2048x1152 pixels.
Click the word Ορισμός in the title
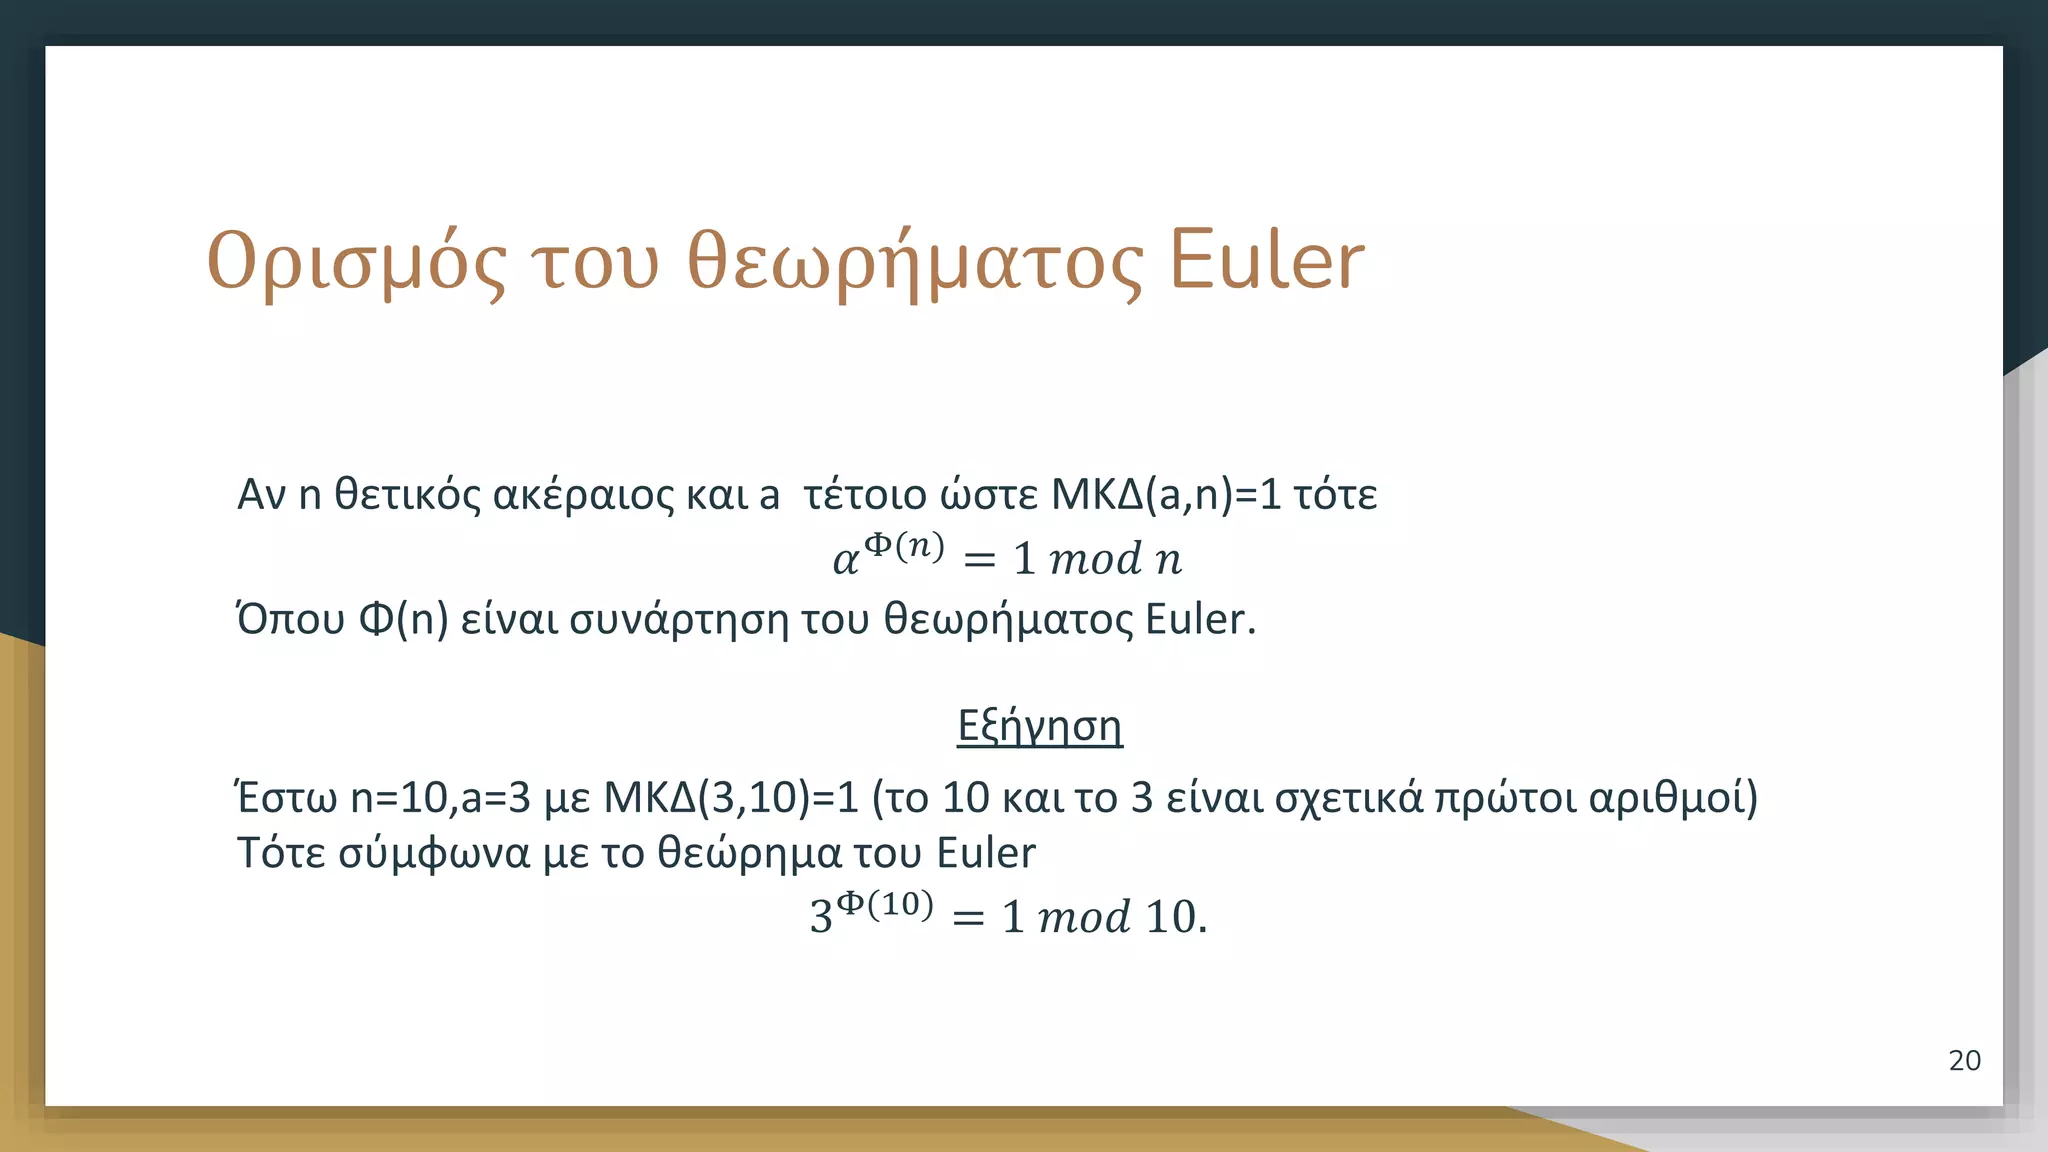point(356,262)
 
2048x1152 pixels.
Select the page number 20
point(1964,1061)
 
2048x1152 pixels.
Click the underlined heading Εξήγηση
point(1039,726)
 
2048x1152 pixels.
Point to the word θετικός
point(407,495)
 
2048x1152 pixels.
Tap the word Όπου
point(290,620)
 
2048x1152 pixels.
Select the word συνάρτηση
point(679,620)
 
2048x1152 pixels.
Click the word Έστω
point(286,798)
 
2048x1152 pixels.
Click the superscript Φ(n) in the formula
point(904,546)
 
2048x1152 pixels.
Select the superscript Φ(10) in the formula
point(885,904)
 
